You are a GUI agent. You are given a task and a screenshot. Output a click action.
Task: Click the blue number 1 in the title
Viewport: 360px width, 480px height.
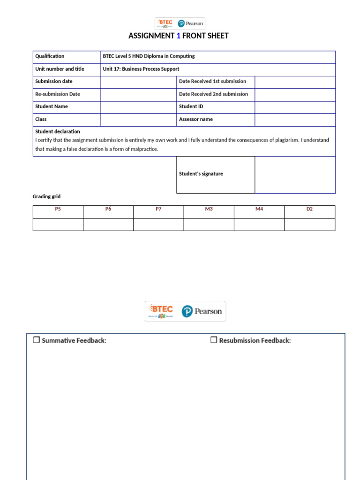click(178, 36)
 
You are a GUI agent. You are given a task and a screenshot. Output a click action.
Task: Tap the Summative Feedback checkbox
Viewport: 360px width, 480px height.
click(36, 340)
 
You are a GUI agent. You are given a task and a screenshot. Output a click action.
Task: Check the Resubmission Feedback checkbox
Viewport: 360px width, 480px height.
click(213, 340)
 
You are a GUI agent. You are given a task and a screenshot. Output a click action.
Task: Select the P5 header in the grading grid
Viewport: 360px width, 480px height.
click(58, 209)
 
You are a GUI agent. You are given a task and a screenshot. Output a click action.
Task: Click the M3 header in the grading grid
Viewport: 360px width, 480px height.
click(209, 209)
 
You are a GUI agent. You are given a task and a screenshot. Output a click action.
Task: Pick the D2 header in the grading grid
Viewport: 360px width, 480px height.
click(309, 209)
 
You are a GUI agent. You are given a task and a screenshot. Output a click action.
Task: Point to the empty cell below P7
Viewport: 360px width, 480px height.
click(158, 225)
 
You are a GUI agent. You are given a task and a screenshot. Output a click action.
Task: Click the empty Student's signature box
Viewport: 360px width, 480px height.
click(295, 174)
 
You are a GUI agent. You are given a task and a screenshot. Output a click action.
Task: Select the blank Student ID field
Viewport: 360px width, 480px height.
click(295, 107)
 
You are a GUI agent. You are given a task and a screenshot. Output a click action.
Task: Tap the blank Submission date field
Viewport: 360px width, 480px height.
click(138, 82)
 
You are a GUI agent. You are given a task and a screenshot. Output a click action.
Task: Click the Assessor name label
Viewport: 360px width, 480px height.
click(195, 120)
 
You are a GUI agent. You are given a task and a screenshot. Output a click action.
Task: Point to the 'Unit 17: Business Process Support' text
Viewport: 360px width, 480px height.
click(141, 69)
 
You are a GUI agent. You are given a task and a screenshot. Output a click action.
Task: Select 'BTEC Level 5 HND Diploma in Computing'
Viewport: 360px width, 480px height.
click(149, 56)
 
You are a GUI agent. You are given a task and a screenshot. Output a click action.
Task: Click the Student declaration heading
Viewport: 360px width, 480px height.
click(58, 132)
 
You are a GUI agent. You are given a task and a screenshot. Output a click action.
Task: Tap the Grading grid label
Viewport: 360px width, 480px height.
click(46, 196)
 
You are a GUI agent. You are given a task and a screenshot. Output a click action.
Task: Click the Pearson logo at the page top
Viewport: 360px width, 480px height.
click(191, 23)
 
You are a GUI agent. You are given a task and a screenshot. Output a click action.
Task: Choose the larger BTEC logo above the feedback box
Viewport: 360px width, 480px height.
click(160, 311)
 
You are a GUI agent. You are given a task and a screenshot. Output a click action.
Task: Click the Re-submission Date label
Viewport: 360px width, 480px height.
click(58, 94)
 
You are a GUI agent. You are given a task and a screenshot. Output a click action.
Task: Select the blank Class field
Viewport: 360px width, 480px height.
click(138, 120)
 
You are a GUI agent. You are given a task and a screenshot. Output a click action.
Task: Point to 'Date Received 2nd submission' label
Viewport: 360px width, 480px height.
click(213, 94)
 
